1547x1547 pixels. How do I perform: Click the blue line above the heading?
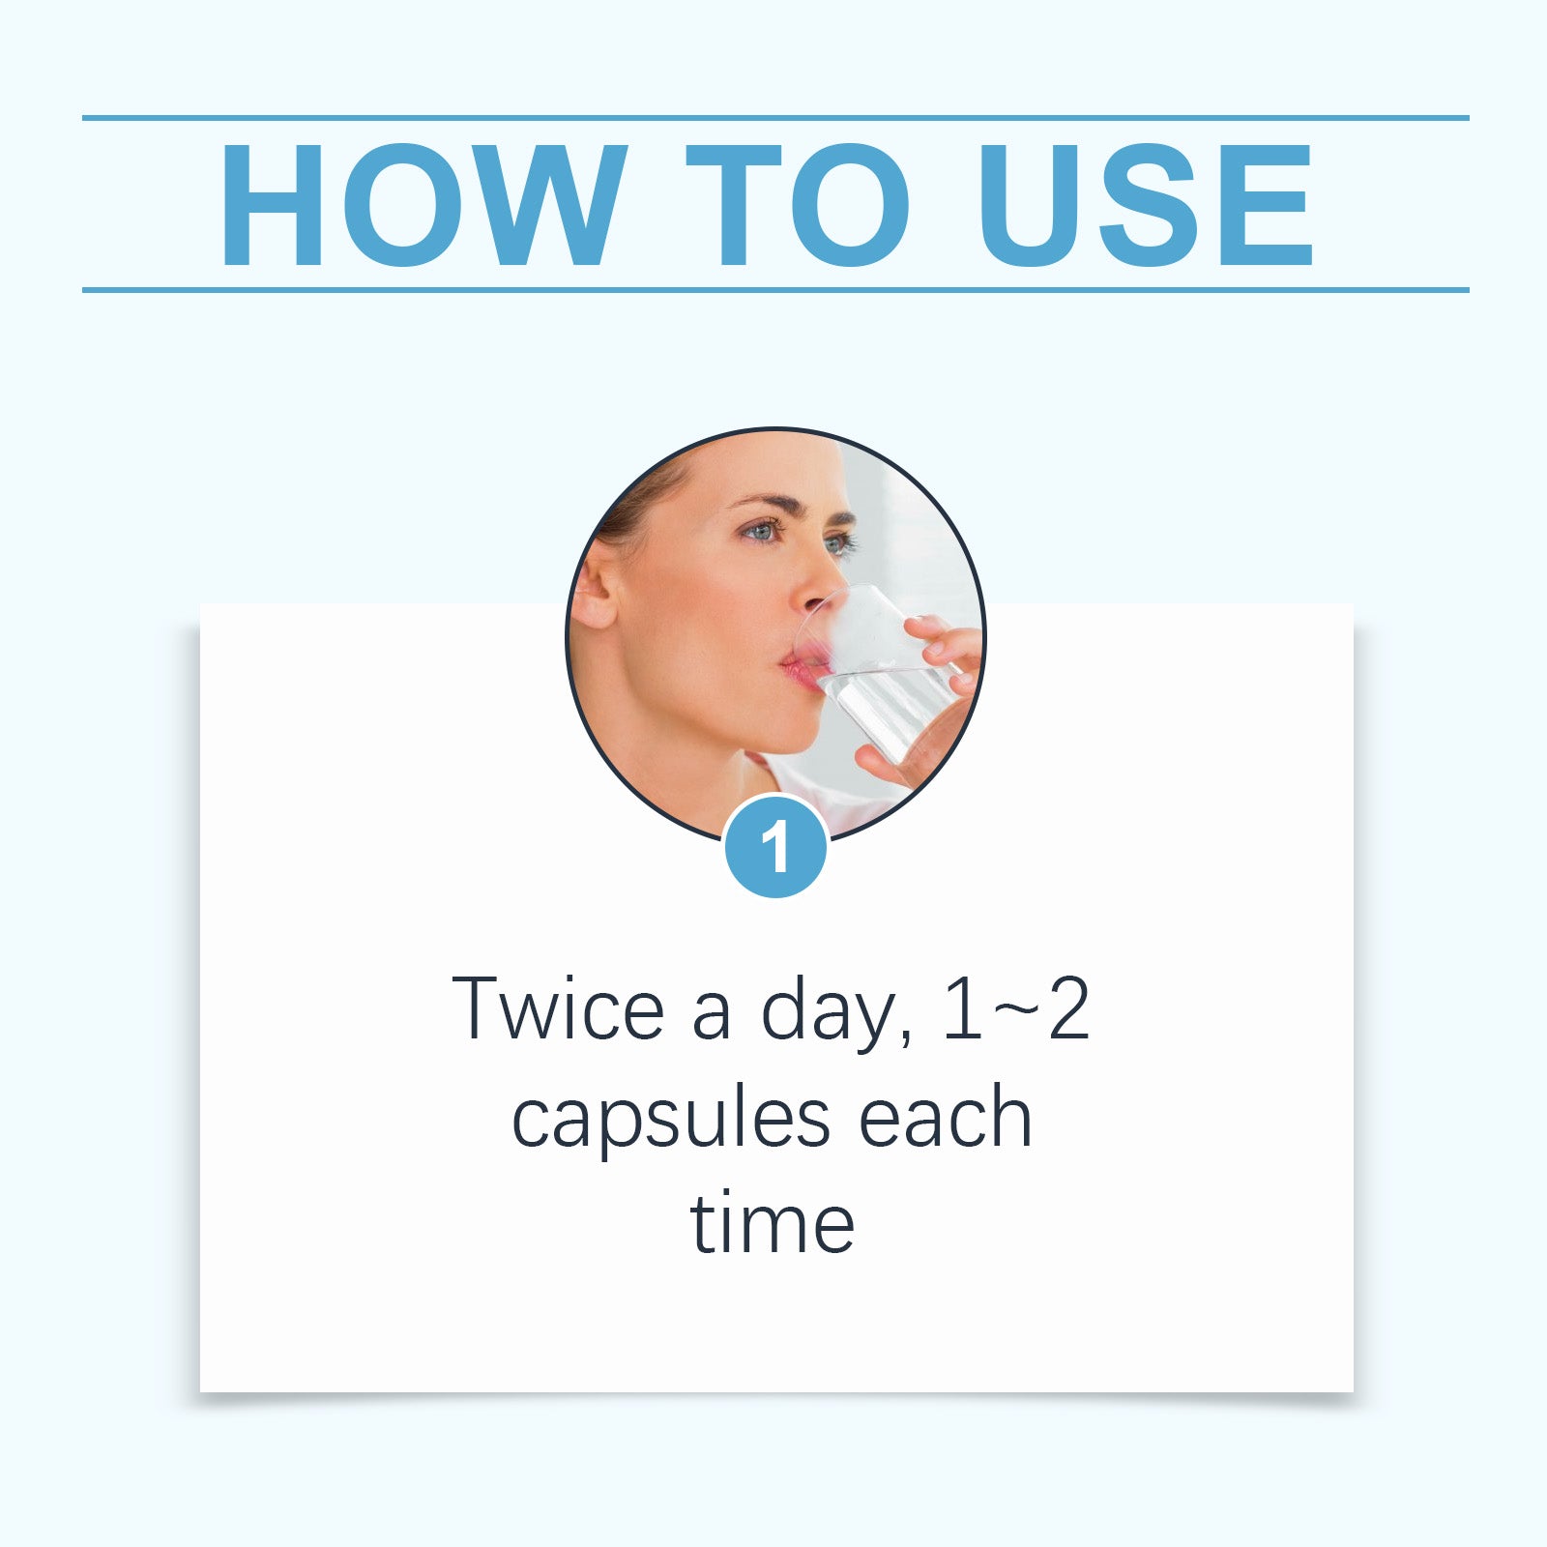coord(773,118)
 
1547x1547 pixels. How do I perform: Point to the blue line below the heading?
coord(773,289)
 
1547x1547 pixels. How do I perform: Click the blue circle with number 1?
coord(775,847)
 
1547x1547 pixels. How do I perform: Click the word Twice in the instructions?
coord(558,1010)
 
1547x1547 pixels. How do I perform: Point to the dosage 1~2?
coord(1015,1010)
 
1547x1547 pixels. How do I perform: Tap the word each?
coord(945,1119)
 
